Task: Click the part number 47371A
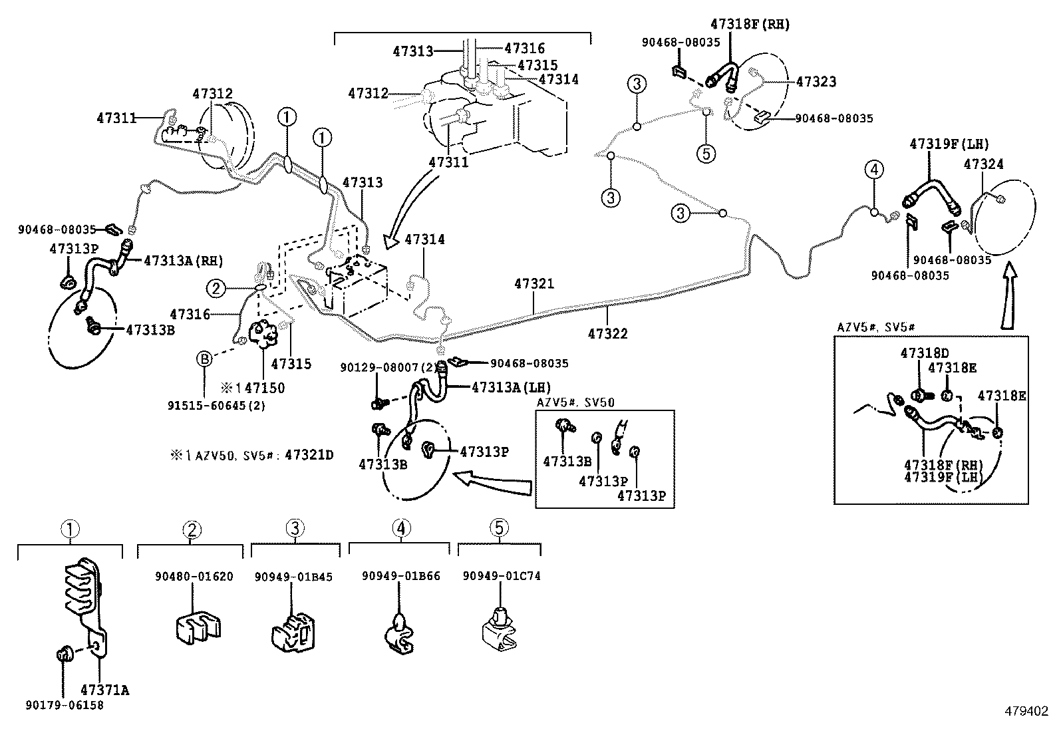pyautogui.click(x=104, y=690)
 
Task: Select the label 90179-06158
pyautogui.click(x=65, y=705)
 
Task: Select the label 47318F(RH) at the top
pyautogui.click(x=750, y=24)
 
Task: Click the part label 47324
pyautogui.click(x=983, y=164)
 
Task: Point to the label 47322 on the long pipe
pyautogui.click(x=607, y=333)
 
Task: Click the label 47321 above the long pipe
pyautogui.click(x=533, y=284)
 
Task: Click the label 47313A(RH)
pyautogui.click(x=184, y=260)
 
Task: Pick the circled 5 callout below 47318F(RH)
pyautogui.click(x=706, y=154)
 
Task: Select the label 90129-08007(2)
pyautogui.click(x=388, y=367)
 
